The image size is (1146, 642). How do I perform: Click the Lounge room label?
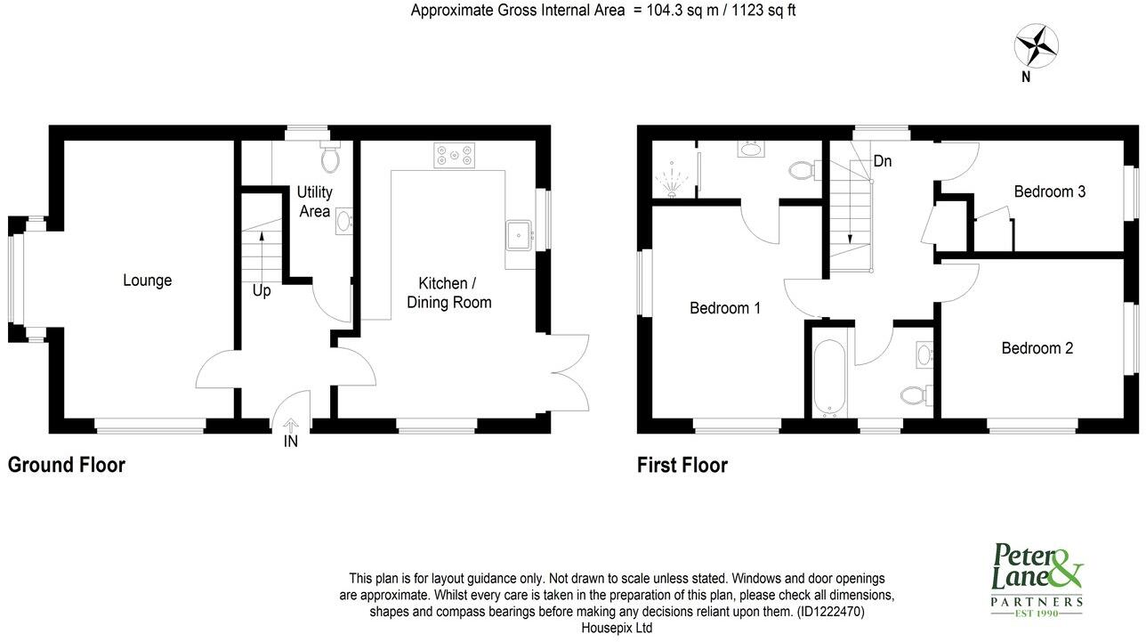[147, 280]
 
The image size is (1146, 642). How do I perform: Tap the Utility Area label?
[314, 201]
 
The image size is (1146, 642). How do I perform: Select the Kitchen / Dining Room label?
[448, 293]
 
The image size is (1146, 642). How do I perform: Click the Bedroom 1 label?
[725, 308]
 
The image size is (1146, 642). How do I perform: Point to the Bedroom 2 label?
[1037, 348]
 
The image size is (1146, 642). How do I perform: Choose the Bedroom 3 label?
[1050, 191]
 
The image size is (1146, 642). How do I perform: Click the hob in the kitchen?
[454, 155]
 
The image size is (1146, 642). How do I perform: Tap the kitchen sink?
[518, 235]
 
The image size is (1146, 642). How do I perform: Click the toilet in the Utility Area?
[330, 158]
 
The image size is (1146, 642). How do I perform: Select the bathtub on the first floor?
[827, 378]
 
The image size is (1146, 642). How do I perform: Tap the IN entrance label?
[291, 442]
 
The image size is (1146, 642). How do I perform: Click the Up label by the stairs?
[262, 291]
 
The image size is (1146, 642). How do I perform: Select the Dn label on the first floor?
[883, 161]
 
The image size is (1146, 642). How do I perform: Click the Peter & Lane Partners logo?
[1037, 580]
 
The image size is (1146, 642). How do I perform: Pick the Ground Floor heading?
[67, 465]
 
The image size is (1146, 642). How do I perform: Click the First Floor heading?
[682, 465]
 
